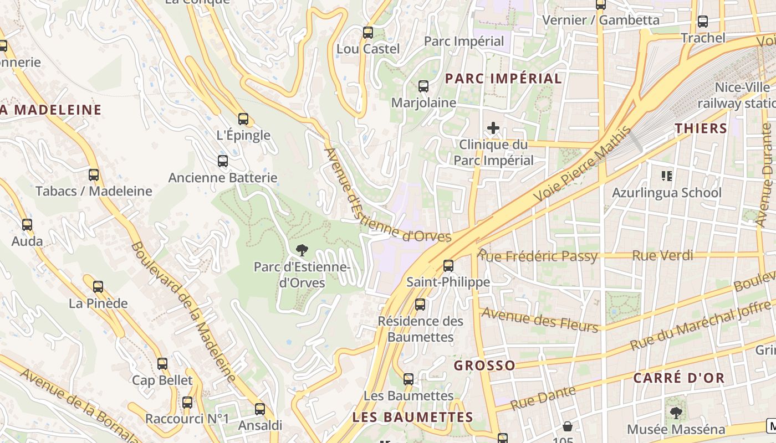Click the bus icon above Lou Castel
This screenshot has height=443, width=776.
[368, 33]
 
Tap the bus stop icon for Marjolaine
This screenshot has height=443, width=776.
[423, 86]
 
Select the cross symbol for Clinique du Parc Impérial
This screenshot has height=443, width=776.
[493, 128]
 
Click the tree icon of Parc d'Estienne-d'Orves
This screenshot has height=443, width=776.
[302, 250]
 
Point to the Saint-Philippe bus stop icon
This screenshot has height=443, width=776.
[448, 266]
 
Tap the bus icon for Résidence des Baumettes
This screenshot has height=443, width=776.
[420, 305]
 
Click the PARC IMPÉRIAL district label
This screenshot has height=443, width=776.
[503, 78]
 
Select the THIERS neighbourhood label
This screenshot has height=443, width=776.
[701, 128]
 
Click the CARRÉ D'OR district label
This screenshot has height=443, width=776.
[678, 378]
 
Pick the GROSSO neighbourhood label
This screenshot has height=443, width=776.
[484, 365]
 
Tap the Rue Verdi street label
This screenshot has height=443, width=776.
[662, 255]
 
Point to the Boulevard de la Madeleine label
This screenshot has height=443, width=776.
[183, 312]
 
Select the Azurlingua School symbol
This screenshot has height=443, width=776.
[667, 176]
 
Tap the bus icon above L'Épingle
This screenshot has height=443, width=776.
[243, 119]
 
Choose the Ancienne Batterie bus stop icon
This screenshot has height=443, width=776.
[222, 161]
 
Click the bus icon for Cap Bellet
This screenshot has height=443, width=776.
[162, 364]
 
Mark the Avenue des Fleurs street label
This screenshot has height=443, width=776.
[540, 320]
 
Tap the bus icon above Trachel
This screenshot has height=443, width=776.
[702, 22]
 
